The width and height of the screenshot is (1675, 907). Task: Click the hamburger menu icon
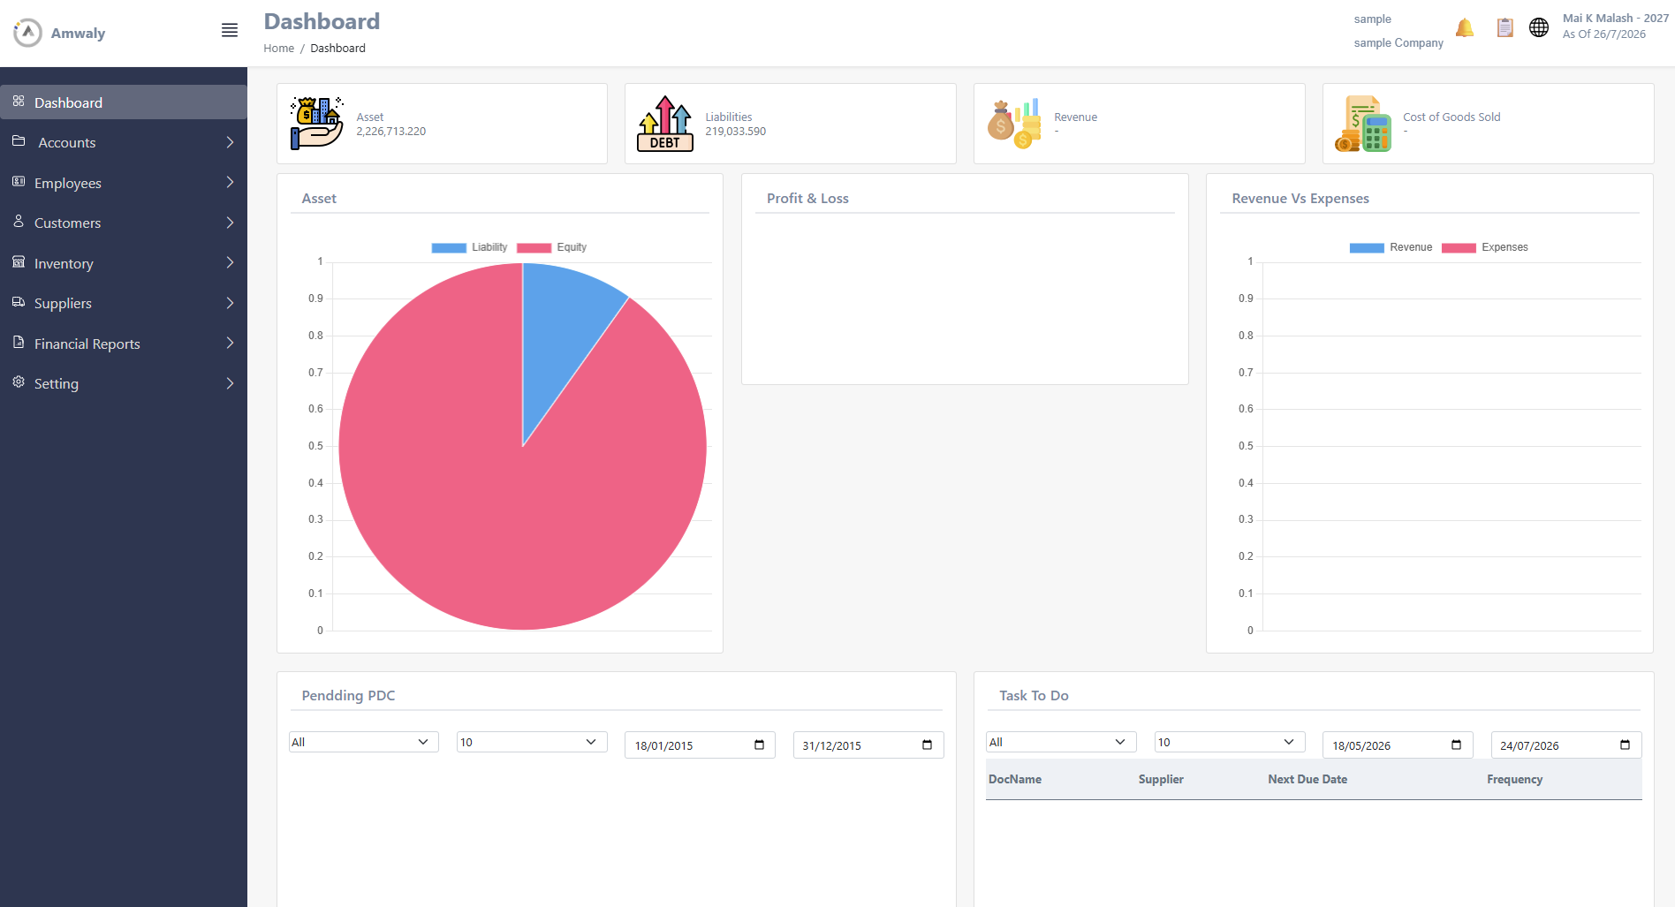tap(230, 31)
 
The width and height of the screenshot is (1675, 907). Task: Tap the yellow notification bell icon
tap(1465, 28)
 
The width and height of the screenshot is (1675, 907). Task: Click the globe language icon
tap(1539, 28)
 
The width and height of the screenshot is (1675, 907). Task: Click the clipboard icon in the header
tap(1505, 28)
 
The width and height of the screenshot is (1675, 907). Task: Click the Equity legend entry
tap(552, 247)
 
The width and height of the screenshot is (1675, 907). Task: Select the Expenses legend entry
tap(1485, 247)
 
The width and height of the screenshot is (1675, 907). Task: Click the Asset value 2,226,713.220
tap(391, 132)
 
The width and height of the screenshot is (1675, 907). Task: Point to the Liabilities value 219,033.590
tap(736, 132)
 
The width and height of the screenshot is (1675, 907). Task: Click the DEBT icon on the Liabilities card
tap(665, 124)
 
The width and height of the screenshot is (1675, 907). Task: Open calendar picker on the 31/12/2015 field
tap(927, 745)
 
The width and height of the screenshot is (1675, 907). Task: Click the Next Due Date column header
tap(1307, 779)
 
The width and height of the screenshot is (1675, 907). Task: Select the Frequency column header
tap(1515, 779)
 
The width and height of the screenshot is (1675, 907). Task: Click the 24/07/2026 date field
tap(1566, 745)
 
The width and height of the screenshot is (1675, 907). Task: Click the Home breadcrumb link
tap(279, 49)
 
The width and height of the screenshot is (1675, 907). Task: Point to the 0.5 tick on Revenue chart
tap(1246, 446)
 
